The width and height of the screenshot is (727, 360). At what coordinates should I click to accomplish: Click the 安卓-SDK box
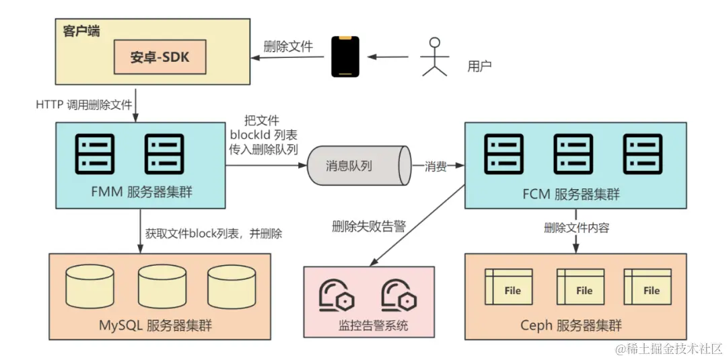tap(160, 57)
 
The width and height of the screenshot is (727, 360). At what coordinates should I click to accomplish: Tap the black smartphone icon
tap(345, 57)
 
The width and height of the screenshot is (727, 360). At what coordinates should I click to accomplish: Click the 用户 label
tap(479, 66)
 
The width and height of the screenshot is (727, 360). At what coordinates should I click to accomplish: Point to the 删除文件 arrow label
tap(287, 46)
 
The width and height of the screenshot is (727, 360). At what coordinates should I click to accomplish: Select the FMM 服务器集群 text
tap(140, 191)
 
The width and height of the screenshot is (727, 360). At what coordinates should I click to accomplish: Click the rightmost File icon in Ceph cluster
tap(647, 287)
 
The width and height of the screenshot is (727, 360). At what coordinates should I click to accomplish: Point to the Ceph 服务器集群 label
tap(571, 326)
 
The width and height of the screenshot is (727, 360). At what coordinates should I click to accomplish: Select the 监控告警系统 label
tap(373, 327)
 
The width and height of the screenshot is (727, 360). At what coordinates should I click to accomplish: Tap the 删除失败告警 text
tap(368, 227)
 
